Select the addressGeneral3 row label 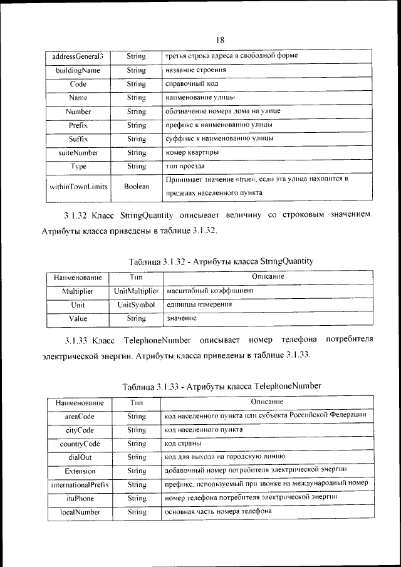(x=78, y=56)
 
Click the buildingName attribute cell (x=78, y=70)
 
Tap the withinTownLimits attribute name (x=78, y=187)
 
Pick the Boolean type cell (x=136, y=187)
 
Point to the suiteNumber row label (x=78, y=152)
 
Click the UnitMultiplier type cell (x=136, y=291)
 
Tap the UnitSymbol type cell (x=136, y=304)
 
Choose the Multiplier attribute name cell (x=78, y=291)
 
